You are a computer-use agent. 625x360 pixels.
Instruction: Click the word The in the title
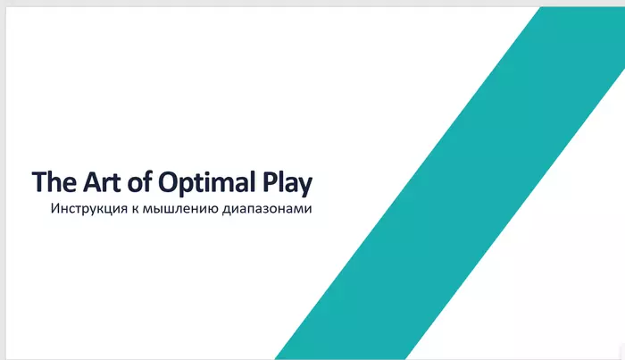click(x=54, y=182)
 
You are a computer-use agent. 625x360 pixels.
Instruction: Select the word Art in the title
click(x=101, y=182)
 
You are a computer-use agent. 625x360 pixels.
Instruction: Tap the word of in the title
click(x=139, y=181)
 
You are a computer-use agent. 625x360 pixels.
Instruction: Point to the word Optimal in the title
click(x=206, y=183)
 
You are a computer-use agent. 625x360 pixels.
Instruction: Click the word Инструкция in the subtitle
click(x=89, y=208)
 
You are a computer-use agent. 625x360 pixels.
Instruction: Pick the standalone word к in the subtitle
click(x=136, y=209)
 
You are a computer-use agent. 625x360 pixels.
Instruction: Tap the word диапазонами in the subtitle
click(x=267, y=209)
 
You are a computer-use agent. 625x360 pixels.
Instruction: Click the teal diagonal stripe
click(x=450, y=183)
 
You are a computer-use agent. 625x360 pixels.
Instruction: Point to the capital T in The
click(x=39, y=182)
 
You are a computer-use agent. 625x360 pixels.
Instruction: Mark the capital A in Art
click(x=92, y=182)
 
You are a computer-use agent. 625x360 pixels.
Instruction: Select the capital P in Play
click(x=270, y=182)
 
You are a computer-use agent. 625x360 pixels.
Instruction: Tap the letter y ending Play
click(x=304, y=187)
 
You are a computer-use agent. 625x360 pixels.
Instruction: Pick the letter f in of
click(x=147, y=181)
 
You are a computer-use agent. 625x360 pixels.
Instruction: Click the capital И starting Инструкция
click(x=55, y=208)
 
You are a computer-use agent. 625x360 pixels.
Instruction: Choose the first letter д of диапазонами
click(x=227, y=210)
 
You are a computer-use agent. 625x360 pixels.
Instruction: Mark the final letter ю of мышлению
click(x=212, y=209)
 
